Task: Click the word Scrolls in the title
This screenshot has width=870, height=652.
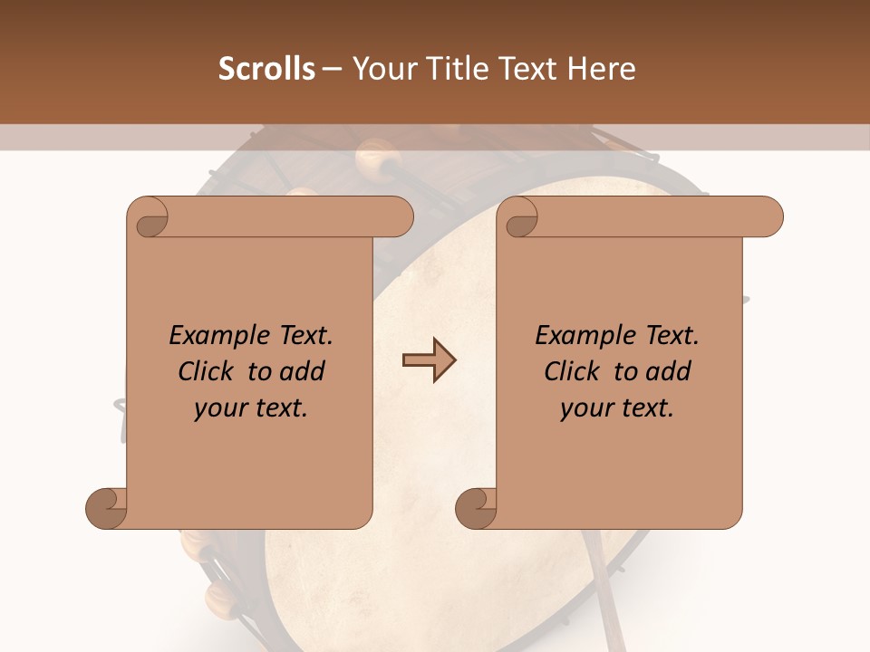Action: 266,69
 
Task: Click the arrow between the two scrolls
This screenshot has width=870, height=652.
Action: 429,361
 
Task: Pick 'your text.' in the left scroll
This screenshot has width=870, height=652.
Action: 251,408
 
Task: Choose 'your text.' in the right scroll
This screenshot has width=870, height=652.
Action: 617,408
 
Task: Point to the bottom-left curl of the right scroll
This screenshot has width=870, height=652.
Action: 477,508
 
